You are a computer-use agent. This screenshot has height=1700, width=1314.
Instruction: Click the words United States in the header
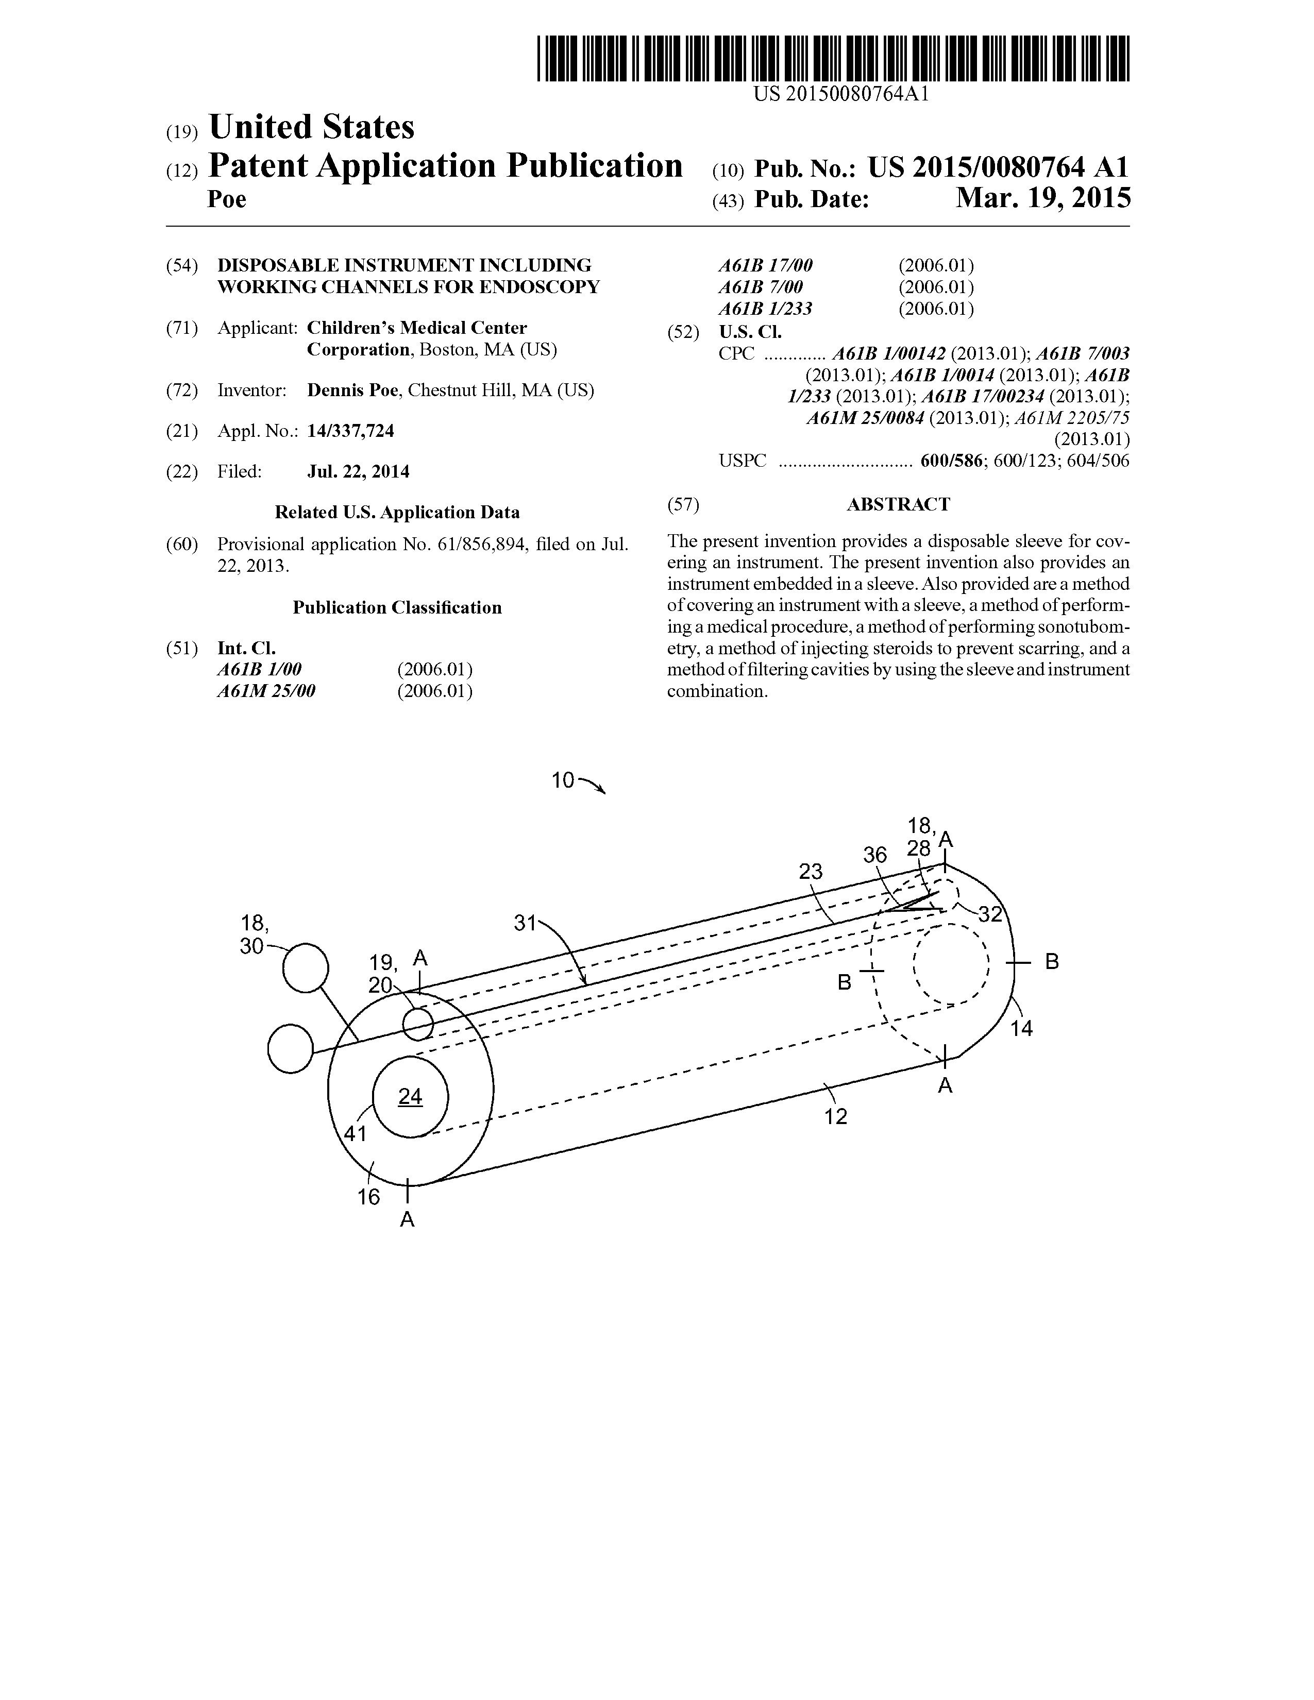(311, 127)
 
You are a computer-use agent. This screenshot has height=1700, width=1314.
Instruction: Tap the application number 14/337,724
(350, 431)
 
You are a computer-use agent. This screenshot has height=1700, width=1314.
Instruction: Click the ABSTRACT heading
(898, 504)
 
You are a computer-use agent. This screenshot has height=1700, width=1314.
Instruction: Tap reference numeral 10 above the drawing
(563, 780)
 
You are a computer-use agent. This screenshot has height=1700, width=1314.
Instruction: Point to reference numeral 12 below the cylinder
(835, 1117)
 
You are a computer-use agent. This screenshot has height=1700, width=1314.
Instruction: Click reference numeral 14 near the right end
(1021, 1029)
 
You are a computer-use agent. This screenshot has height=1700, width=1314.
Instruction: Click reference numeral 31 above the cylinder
(526, 923)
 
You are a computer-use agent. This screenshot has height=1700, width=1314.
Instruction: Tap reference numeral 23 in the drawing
(811, 872)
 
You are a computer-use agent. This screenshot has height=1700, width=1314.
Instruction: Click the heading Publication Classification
(397, 608)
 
